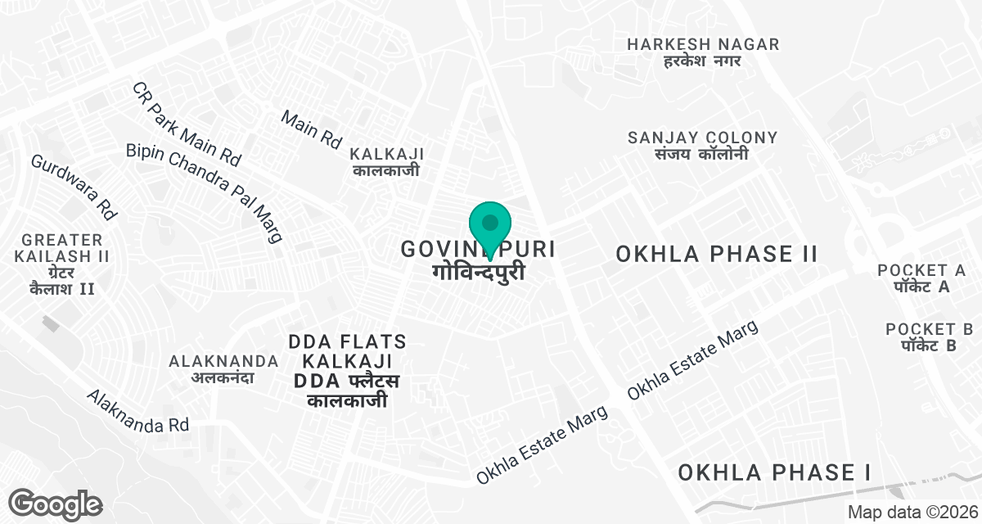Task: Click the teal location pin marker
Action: [490, 224]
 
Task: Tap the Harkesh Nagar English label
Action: [703, 44]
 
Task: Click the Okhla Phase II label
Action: [717, 254]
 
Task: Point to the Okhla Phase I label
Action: [773, 472]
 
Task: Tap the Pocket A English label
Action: [921, 270]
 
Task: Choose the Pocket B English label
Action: [929, 329]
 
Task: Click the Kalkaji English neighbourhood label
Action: [387, 154]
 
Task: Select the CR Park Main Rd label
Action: [187, 122]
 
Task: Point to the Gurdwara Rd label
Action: [74, 186]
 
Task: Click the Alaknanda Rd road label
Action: [138, 411]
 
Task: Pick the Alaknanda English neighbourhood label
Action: [212, 361]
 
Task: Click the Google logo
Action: [55, 504]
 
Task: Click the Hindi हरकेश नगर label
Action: [703, 61]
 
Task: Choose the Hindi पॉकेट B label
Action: [929, 346]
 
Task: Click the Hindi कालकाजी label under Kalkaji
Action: [387, 171]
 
